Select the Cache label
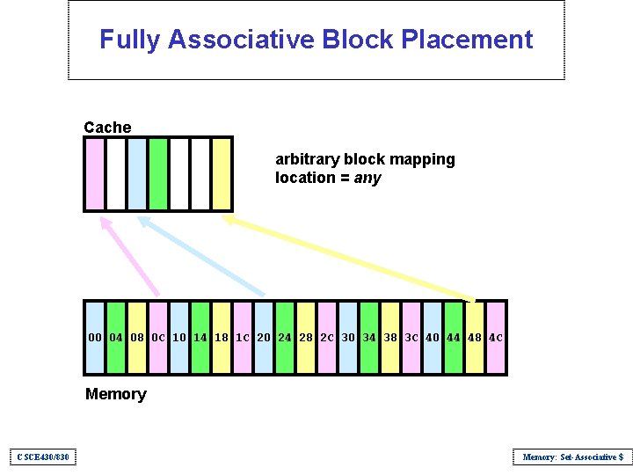pos(107,128)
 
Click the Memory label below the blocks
pos(115,394)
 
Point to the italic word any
pos(367,178)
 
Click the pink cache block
pos(94,173)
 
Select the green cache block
pos(158,173)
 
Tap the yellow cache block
pos(222,173)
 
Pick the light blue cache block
pos(137,173)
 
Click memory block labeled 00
pos(95,338)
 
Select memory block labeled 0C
pos(158,338)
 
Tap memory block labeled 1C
pos(243,338)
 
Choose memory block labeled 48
pos(475,338)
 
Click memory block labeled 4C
pos(496,338)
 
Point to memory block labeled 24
pos(285,338)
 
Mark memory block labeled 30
pos(348,338)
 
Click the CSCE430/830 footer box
pos(42,457)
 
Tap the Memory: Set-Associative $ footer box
pos(572,457)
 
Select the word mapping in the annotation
pos(428,159)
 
